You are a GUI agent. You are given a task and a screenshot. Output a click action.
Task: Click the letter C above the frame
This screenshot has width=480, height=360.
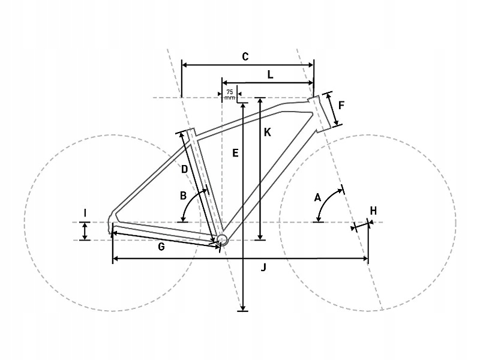pos(245,56)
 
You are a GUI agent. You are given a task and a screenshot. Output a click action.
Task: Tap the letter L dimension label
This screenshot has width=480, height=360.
pos(270,74)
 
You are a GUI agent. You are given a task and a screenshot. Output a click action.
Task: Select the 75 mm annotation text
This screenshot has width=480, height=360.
pos(230,95)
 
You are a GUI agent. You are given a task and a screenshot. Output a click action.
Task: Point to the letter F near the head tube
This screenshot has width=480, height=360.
pos(341,106)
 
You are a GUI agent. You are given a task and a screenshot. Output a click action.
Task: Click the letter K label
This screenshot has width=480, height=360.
pos(267,132)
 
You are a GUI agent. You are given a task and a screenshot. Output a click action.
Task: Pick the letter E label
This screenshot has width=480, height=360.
pos(235,153)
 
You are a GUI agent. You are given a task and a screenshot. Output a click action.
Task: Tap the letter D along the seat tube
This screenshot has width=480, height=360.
pos(184,169)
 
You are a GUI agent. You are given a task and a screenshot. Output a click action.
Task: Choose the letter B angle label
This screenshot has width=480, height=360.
pos(183,196)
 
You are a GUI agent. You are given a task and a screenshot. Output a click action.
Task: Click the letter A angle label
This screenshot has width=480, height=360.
pos(318,198)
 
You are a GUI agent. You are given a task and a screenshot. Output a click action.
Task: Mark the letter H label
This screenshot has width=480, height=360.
pos(373,211)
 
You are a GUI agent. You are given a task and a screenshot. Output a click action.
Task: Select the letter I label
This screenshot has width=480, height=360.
pos(85,213)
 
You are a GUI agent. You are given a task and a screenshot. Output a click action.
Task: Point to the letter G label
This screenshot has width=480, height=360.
pos(161,247)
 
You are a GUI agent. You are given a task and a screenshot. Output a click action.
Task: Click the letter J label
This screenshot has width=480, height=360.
pos(263,268)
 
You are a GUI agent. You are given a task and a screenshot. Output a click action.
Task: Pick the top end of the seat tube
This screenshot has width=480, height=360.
pos(190,130)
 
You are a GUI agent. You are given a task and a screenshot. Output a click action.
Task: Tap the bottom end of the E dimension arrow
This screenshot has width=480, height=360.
pos(243,310)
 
